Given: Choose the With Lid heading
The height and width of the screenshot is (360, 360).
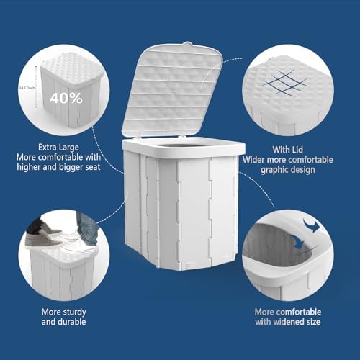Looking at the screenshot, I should (293, 148).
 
